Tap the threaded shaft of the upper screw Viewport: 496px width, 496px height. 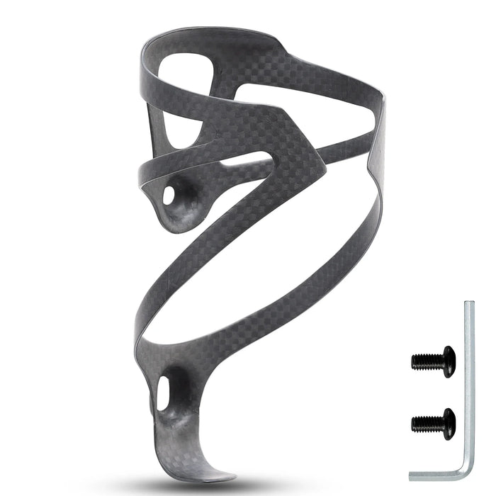pos(425,361)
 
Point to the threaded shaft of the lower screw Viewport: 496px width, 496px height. pos(425,424)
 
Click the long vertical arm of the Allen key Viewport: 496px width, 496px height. pos(469,383)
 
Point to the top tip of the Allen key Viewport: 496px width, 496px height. pos(469,305)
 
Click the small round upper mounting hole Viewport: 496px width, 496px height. pos(169,196)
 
